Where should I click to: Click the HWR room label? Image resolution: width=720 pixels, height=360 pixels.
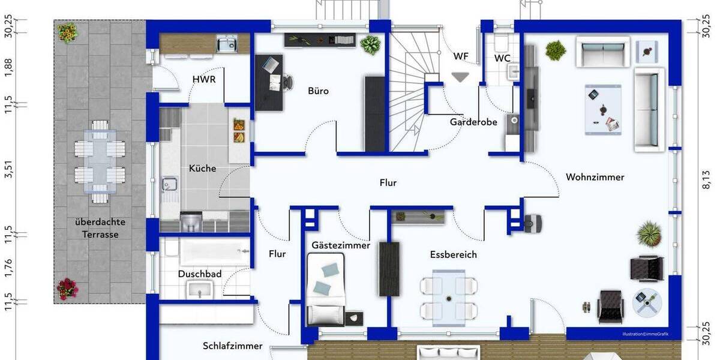tap(204, 79)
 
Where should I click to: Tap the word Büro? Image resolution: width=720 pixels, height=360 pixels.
tap(318, 91)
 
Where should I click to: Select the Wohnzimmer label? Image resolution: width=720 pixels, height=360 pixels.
tap(595, 177)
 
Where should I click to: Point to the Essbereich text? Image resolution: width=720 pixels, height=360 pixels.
tap(453, 254)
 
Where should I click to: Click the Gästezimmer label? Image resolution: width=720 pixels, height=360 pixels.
tap(341, 245)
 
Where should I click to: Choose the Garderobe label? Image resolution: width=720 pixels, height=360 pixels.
tap(473, 122)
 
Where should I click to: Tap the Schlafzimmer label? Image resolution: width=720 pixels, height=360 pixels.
tap(232, 346)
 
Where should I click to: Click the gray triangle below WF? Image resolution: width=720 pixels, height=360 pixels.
tap(461, 77)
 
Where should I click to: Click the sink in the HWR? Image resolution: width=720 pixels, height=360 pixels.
tap(226, 44)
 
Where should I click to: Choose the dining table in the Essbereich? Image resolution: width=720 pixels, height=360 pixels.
tap(448, 295)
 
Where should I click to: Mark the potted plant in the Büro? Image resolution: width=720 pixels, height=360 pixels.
tap(371, 45)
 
